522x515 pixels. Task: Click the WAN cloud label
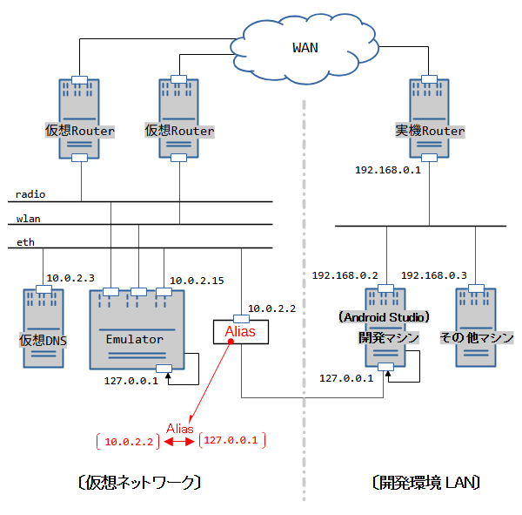coord(304,47)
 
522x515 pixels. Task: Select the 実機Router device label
coord(430,132)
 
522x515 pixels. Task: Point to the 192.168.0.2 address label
coord(345,275)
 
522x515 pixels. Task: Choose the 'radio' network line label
coord(30,194)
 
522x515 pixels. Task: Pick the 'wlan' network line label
coord(28,218)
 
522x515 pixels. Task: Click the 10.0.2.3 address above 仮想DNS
coord(70,277)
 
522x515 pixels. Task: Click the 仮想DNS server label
coord(43,339)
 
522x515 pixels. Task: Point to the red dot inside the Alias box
coord(231,341)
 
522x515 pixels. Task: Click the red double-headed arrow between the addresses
coord(178,442)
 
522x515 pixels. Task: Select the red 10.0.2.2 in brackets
coord(129,442)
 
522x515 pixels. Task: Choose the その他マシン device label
coord(477,337)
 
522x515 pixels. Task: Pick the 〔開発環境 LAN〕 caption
coord(425,482)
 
